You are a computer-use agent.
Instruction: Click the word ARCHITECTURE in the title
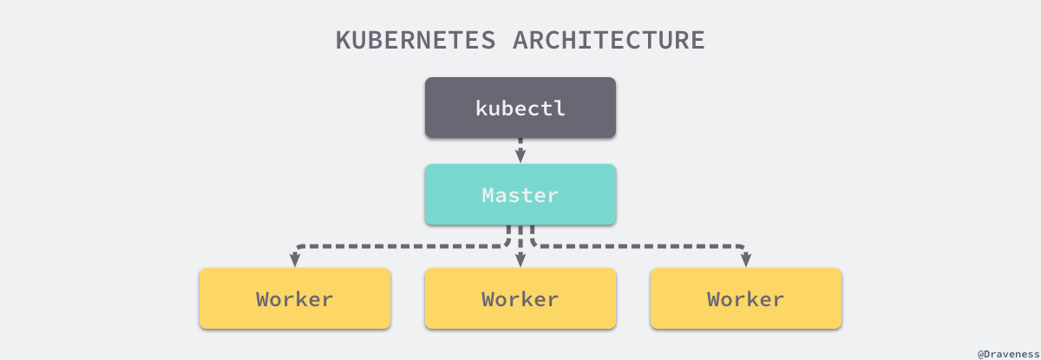(x=610, y=41)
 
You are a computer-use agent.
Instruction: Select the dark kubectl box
(x=520, y=108)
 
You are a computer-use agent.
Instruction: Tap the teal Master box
(x=520, y=194)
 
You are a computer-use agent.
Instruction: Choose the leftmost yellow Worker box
(x=295, y=298)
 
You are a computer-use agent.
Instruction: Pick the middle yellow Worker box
(x=520, y=298)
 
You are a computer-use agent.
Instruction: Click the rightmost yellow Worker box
(x=746, y=298)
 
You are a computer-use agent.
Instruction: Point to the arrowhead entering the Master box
(x=520, y=157)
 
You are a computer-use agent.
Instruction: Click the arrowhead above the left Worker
(x=295, y=260)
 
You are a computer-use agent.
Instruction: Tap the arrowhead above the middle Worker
(x=520, y=260)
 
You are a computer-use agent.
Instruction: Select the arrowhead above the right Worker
(x=746, y=260)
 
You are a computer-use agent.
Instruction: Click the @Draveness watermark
(x=1008, y=353)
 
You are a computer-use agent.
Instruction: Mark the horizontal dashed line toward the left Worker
(x=399, y=246)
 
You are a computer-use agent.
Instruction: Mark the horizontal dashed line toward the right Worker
(x=642, y=246)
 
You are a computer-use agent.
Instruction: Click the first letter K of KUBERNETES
(x=344, y=41)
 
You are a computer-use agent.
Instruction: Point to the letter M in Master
(x=489, y=195)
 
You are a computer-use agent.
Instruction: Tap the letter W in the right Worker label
(x=715, y=299)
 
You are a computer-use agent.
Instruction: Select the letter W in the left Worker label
(x=264, y=299)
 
